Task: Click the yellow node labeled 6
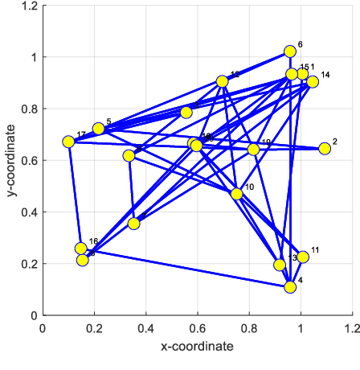[290, 51]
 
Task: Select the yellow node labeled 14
[313, 82]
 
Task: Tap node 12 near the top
[222, 81]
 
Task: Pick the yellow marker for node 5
[98, 129]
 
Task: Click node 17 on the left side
[68, 142]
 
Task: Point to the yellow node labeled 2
[325, 149]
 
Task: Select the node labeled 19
[253, 150]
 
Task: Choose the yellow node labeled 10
[236, 194]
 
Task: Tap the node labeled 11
[303, 257]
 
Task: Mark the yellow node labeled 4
[290, 287]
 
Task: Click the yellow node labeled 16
[80, 249]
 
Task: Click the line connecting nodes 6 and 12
[256, 67]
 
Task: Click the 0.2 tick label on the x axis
[93, 329]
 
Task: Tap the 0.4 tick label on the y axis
[27, 212]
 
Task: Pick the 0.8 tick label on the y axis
[27, 109]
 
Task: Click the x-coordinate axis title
[197, 347]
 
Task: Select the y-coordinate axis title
[10, 161]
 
